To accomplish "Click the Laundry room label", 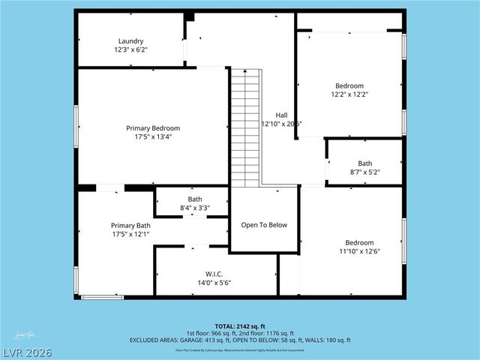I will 130,41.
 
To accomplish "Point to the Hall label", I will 281,115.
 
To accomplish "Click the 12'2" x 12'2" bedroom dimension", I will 349,94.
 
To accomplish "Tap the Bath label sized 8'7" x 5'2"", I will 364,163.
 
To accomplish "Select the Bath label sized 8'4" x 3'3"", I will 194,199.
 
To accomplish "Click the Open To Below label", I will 263,225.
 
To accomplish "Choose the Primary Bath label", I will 130,225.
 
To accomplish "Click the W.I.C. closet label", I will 214,274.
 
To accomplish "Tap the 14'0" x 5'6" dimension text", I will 214,283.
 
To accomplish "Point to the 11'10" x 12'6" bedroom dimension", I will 359,251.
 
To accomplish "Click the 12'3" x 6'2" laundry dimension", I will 130,49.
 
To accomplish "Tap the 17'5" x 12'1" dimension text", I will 130,234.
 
